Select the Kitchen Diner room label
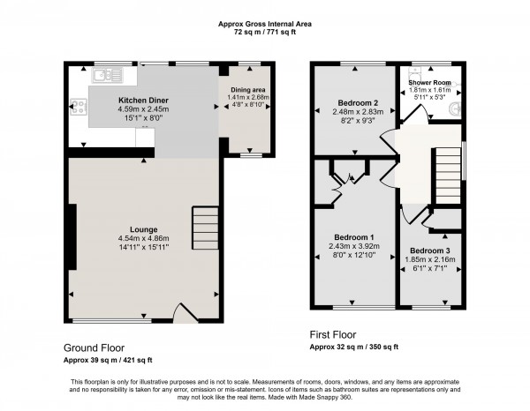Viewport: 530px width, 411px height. click(x=144, y=101)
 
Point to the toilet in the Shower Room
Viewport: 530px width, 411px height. click(x=456, y=108)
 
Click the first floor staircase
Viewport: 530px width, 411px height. click(x=447, y=168)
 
